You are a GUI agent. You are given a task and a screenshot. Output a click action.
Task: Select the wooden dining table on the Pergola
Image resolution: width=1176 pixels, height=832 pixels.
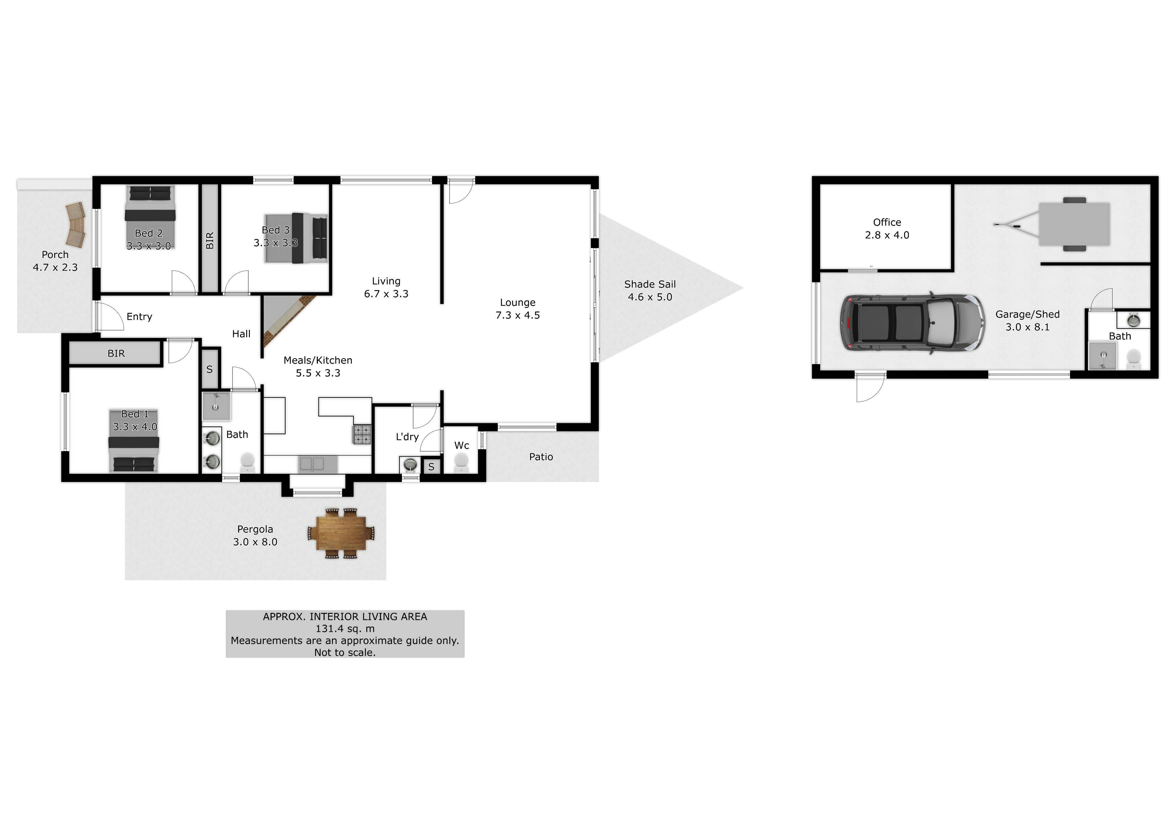(x=341, y=533)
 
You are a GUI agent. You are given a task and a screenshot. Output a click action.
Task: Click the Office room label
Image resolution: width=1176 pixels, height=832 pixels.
(x=887, y=222)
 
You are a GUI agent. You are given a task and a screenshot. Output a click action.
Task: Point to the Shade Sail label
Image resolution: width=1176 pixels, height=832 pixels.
(x=650, y=284)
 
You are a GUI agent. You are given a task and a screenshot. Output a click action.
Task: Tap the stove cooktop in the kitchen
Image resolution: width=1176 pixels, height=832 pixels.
(x=362, y=434)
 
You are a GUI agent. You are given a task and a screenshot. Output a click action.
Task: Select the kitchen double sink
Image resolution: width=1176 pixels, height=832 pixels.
(x=312, y=464)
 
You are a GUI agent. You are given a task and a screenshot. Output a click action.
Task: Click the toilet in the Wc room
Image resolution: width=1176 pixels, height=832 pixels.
(x=462, y=462)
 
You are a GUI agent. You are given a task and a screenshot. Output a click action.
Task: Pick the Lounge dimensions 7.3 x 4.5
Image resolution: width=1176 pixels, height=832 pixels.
(x=518, y=315)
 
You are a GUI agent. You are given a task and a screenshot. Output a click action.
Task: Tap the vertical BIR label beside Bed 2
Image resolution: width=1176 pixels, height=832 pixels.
(x=209, y=241)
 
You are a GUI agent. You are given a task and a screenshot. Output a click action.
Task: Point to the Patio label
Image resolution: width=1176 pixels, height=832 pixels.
(x=541, y=457)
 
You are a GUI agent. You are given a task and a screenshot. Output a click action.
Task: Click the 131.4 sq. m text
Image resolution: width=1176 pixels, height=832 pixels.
(x=345, y=629)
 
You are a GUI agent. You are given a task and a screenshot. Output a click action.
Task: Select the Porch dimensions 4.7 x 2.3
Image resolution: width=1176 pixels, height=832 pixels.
(x=55, y=267)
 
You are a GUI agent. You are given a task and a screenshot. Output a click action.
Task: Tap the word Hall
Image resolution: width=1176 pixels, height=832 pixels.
(x=241, y=334)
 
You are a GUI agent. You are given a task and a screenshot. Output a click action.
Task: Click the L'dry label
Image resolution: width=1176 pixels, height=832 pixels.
(x=407, y=437)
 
